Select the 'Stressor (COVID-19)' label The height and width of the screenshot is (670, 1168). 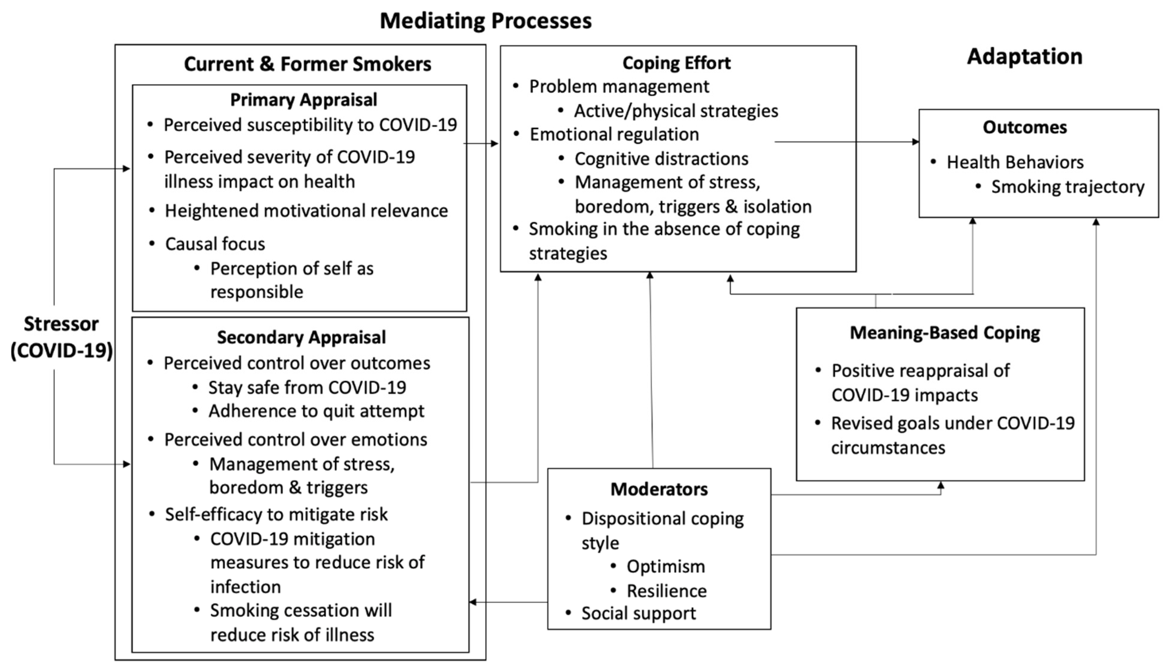(x=61, y=337)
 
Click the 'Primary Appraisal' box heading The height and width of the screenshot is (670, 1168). (x=303, y=100)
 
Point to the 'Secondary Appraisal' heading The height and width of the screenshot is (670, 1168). (x=302, y=337)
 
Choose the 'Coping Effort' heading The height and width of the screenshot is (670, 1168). (x=676, y=63)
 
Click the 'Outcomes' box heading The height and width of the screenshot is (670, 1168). (x=1025, y=127)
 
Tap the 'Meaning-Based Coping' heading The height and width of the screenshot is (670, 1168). (x=945, y=333)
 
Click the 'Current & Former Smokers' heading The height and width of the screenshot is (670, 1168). (x=308, y=64)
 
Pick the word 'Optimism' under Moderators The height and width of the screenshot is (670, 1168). (x=666, y=566)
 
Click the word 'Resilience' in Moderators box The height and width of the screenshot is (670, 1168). (x=667, y=591)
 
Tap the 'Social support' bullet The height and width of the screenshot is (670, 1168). (x=639, y=614)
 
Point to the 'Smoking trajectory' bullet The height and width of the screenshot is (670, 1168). (x=1068, y=187)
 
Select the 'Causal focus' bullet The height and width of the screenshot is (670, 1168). (x=215, y=244)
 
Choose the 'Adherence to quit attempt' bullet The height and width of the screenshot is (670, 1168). (x=316, y=411)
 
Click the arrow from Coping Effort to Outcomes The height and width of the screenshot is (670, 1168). (x=847, y=142)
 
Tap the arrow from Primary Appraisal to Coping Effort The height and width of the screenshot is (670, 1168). (x=481, y=144)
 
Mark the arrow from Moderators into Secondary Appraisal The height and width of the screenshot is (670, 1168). (x=508, y=602)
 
